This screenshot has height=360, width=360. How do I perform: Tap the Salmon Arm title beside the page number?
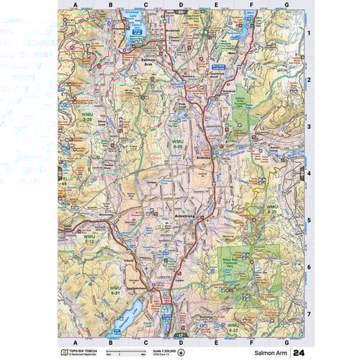(269, 353)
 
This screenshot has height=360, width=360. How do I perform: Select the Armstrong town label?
(180, 215)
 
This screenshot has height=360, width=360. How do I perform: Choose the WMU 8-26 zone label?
(179, 145)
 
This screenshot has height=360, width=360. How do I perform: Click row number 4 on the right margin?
(308, 173)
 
